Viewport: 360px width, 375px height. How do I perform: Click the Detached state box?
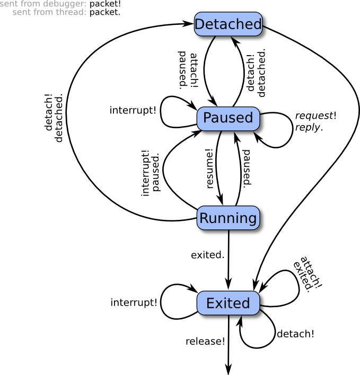pos(228,24)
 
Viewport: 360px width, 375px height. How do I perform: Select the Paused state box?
pos(228,118)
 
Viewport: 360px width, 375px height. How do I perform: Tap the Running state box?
pos(227,218)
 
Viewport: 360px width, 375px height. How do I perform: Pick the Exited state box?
pos(227,303)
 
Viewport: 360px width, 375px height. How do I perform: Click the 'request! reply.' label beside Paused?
pos(315,122)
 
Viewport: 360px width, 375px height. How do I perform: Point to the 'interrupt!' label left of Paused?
pos(133,110)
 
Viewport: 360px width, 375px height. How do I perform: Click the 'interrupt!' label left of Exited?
pos(134,302)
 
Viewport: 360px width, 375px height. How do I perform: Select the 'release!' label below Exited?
pos(205,341)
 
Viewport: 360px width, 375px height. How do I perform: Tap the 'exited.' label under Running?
pos(207,255)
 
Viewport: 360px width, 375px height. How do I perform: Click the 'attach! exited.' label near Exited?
pos(307,273)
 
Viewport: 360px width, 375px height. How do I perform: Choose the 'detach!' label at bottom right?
pos(295,334)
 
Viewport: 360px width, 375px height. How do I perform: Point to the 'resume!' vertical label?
pos(210,168)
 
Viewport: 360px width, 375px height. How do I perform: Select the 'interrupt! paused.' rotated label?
pos(151,173)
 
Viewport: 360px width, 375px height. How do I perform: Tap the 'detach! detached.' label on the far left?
pos(54,118)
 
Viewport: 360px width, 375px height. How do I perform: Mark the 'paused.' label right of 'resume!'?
pos(247,167)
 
